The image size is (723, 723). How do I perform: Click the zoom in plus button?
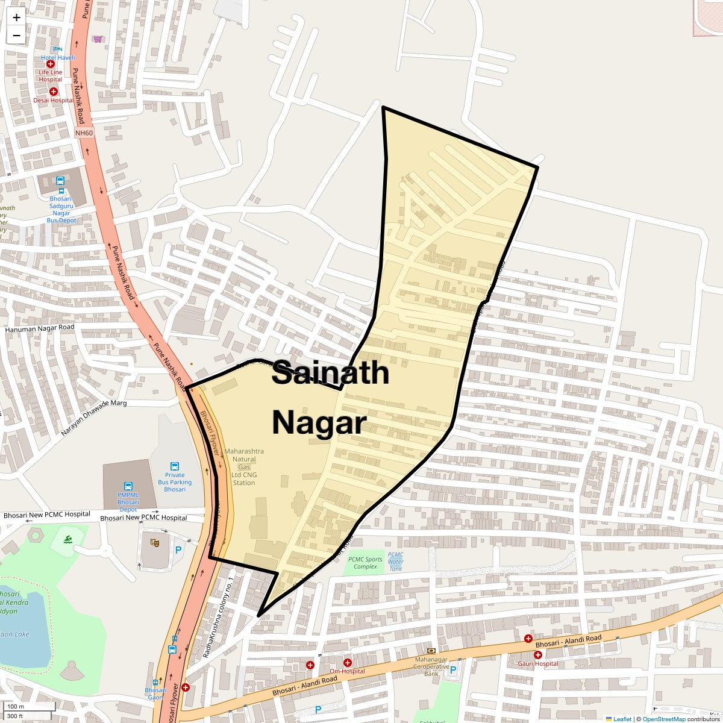16,17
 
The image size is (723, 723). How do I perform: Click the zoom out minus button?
16,36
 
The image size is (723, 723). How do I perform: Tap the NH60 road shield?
84,133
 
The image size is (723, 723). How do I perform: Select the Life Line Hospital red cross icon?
51,64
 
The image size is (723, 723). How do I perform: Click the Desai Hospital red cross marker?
54,92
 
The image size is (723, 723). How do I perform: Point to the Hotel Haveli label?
58,57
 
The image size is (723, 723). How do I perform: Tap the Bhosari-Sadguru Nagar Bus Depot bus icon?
60,181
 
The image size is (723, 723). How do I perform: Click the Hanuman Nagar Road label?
40,328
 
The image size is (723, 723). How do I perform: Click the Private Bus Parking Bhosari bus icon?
175,466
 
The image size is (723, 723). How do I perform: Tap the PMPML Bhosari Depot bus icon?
128,486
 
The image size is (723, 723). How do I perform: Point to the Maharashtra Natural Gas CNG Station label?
244,466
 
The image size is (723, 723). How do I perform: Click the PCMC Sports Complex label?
365,563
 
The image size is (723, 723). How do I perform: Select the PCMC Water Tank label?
395,562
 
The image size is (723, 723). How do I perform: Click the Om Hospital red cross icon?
348,663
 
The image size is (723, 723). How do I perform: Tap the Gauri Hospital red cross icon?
538,655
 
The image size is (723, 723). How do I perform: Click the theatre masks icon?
155,543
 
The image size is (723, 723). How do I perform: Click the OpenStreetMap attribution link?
663,719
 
